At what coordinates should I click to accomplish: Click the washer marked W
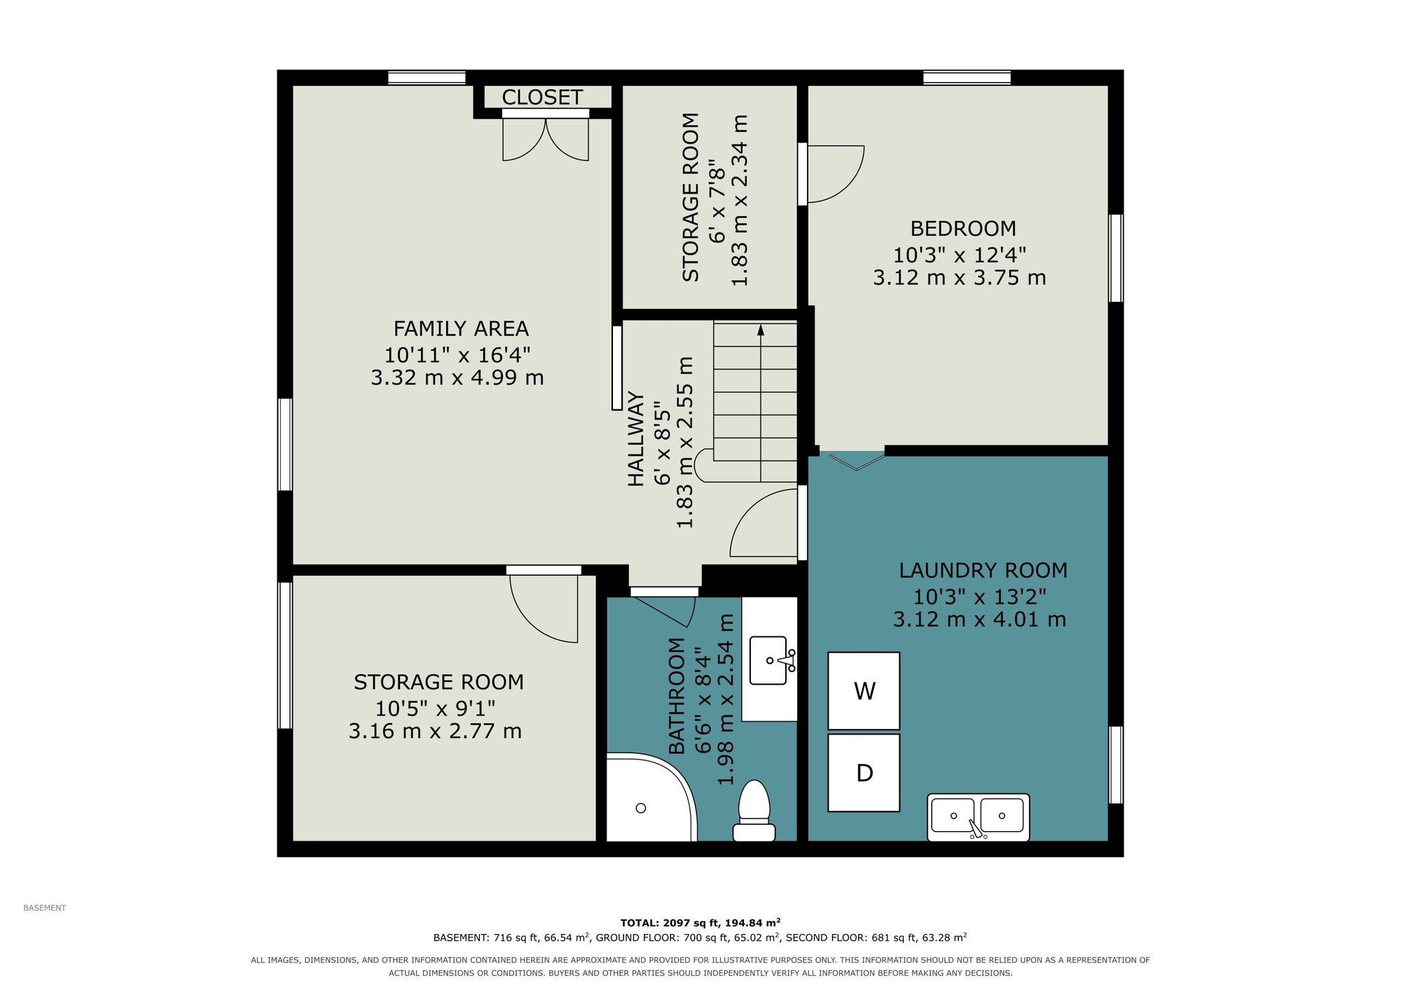(864, 691)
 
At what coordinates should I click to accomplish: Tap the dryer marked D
(864, 772)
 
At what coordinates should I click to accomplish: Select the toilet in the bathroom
(754, 811)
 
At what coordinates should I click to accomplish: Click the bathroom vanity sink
(771, 660)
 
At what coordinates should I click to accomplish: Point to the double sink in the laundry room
(979, 817)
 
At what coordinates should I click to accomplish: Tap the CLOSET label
(542, 97)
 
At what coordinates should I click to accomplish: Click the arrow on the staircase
(761, 403)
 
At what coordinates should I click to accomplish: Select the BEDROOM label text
(962, 228)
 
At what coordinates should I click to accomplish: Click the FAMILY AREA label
(461, 328)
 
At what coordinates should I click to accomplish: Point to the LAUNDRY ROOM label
(984, 571)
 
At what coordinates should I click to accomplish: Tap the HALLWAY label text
(636, 439)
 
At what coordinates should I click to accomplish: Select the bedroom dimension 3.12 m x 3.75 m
(960, 278)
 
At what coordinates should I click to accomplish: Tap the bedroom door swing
(836, 174)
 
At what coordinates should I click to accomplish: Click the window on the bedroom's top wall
(967, 78)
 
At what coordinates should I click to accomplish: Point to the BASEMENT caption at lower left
(45, 908)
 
